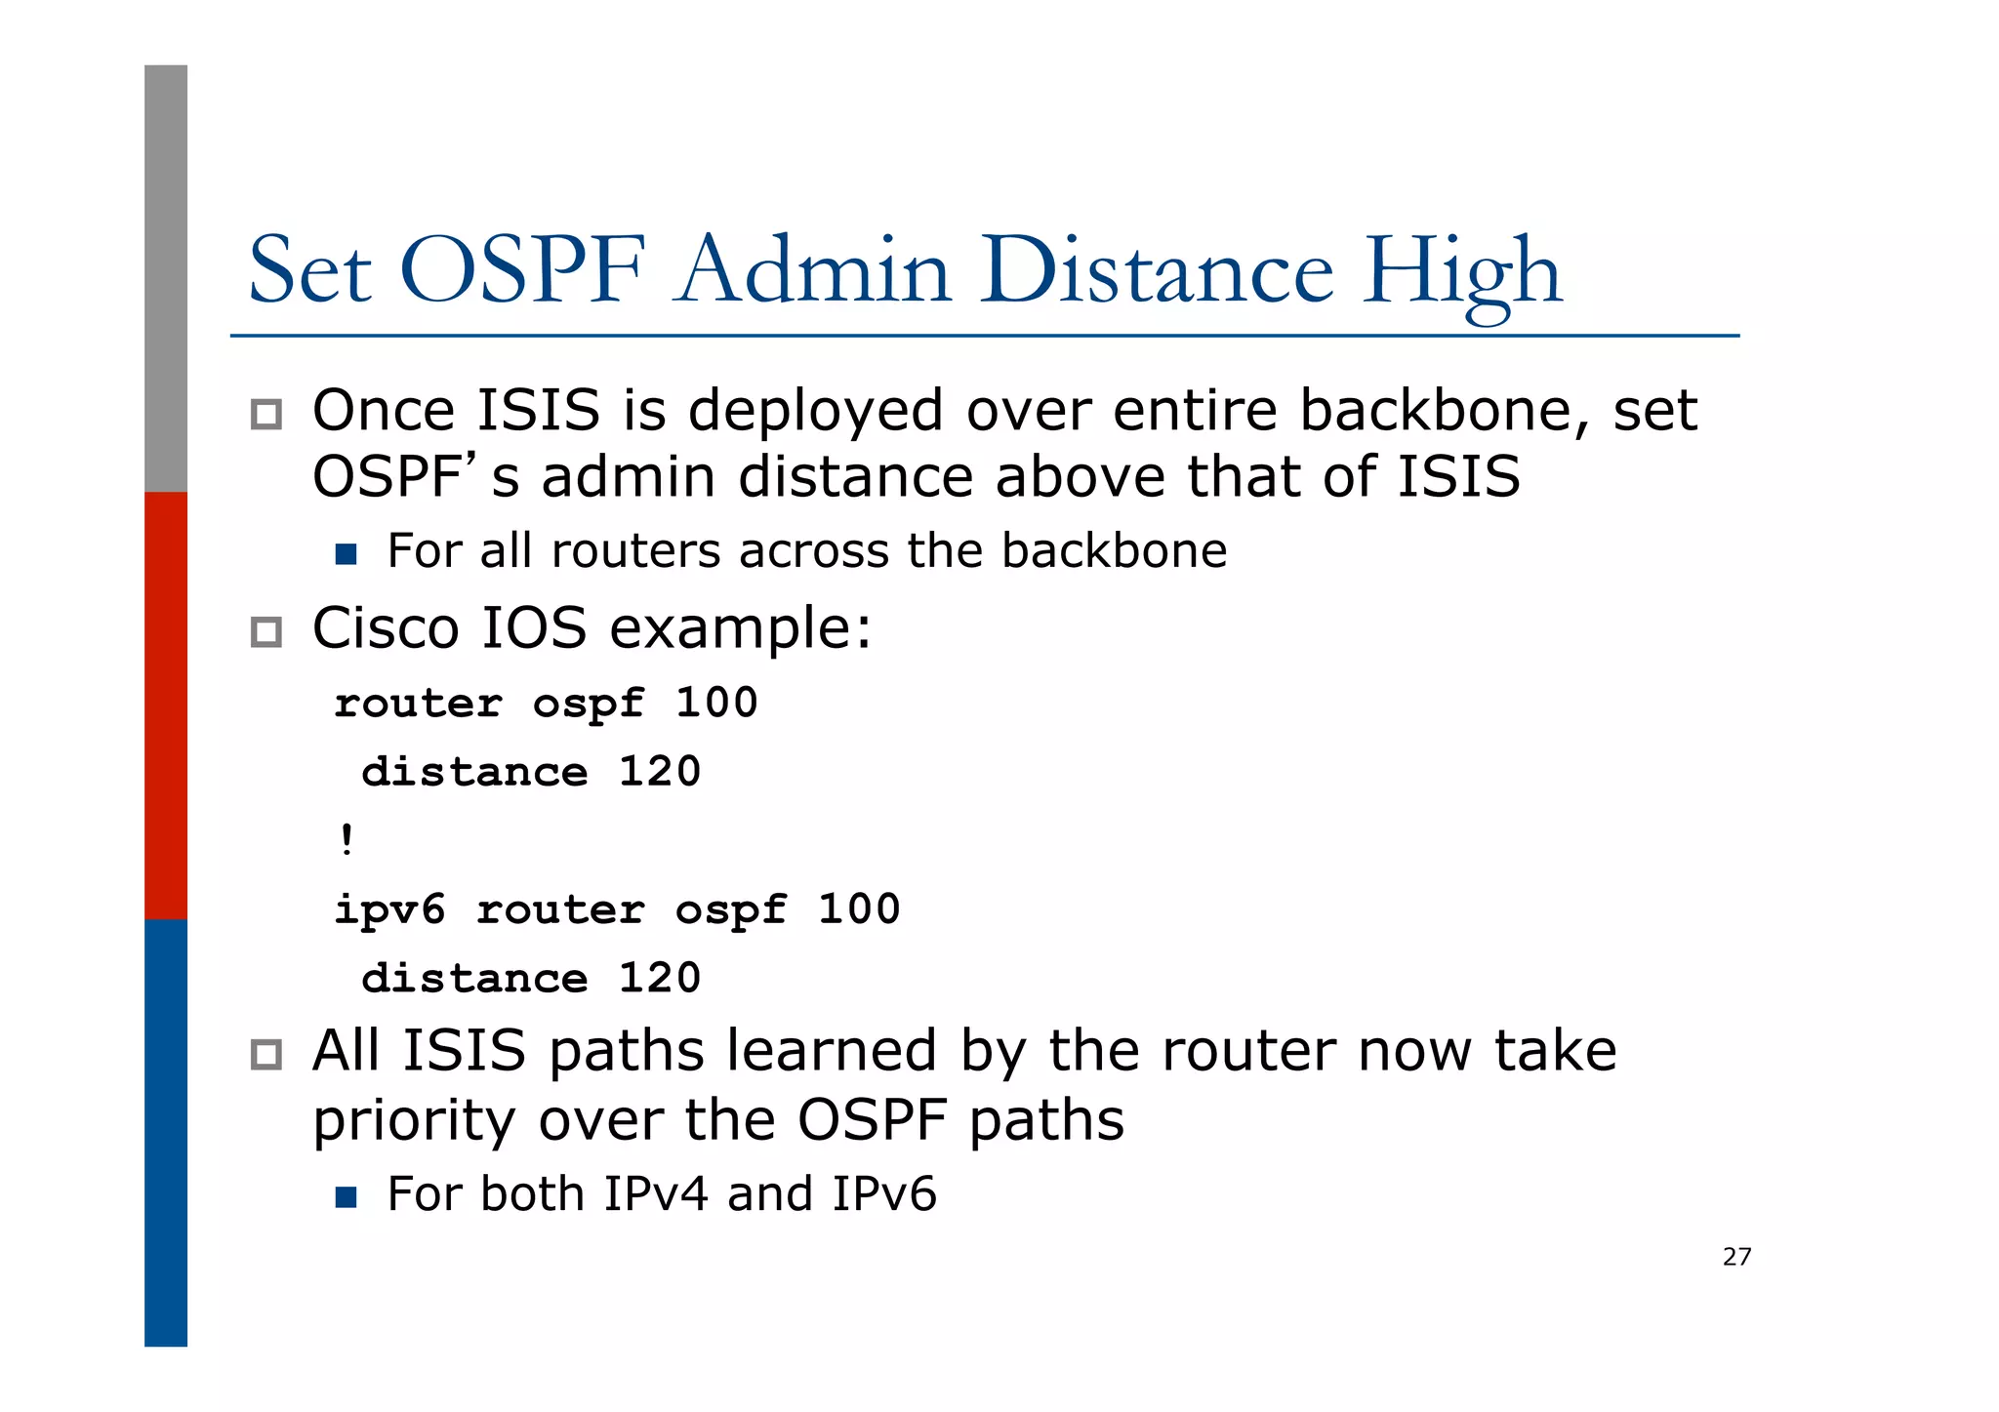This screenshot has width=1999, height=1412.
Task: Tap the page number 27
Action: tap(1736, 1257)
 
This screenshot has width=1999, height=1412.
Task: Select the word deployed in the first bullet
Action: tap(816, 412)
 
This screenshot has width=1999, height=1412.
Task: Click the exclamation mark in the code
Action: tap(347, 839)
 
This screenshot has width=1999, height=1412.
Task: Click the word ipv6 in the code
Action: tap(389, 910)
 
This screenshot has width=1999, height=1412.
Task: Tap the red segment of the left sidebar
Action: tap(166, 706)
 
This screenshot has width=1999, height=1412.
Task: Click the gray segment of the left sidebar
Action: tap(166, 278)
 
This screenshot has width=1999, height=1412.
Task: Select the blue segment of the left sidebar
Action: tap(166, 1132)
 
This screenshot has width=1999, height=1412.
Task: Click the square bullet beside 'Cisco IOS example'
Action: tap(266, 632)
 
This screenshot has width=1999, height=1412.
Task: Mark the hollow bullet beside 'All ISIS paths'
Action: tap(266, 1055)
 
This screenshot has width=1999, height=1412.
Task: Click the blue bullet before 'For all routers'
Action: tap(346, 554)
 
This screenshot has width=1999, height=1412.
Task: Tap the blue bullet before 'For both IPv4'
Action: tap(346, 1197)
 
